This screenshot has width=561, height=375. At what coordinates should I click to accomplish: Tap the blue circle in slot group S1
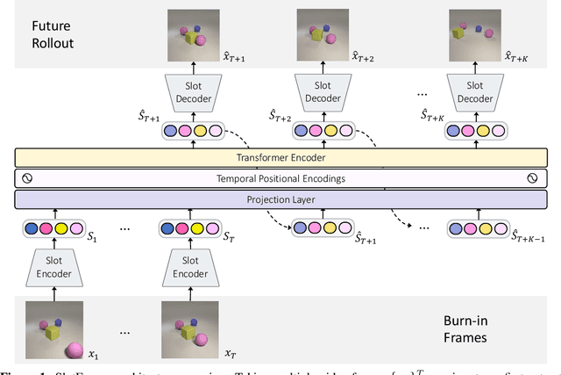[32, 228]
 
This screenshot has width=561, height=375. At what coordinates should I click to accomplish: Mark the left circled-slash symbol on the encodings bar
[26, 178]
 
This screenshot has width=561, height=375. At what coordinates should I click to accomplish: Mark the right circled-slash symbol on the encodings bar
[532, 178]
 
